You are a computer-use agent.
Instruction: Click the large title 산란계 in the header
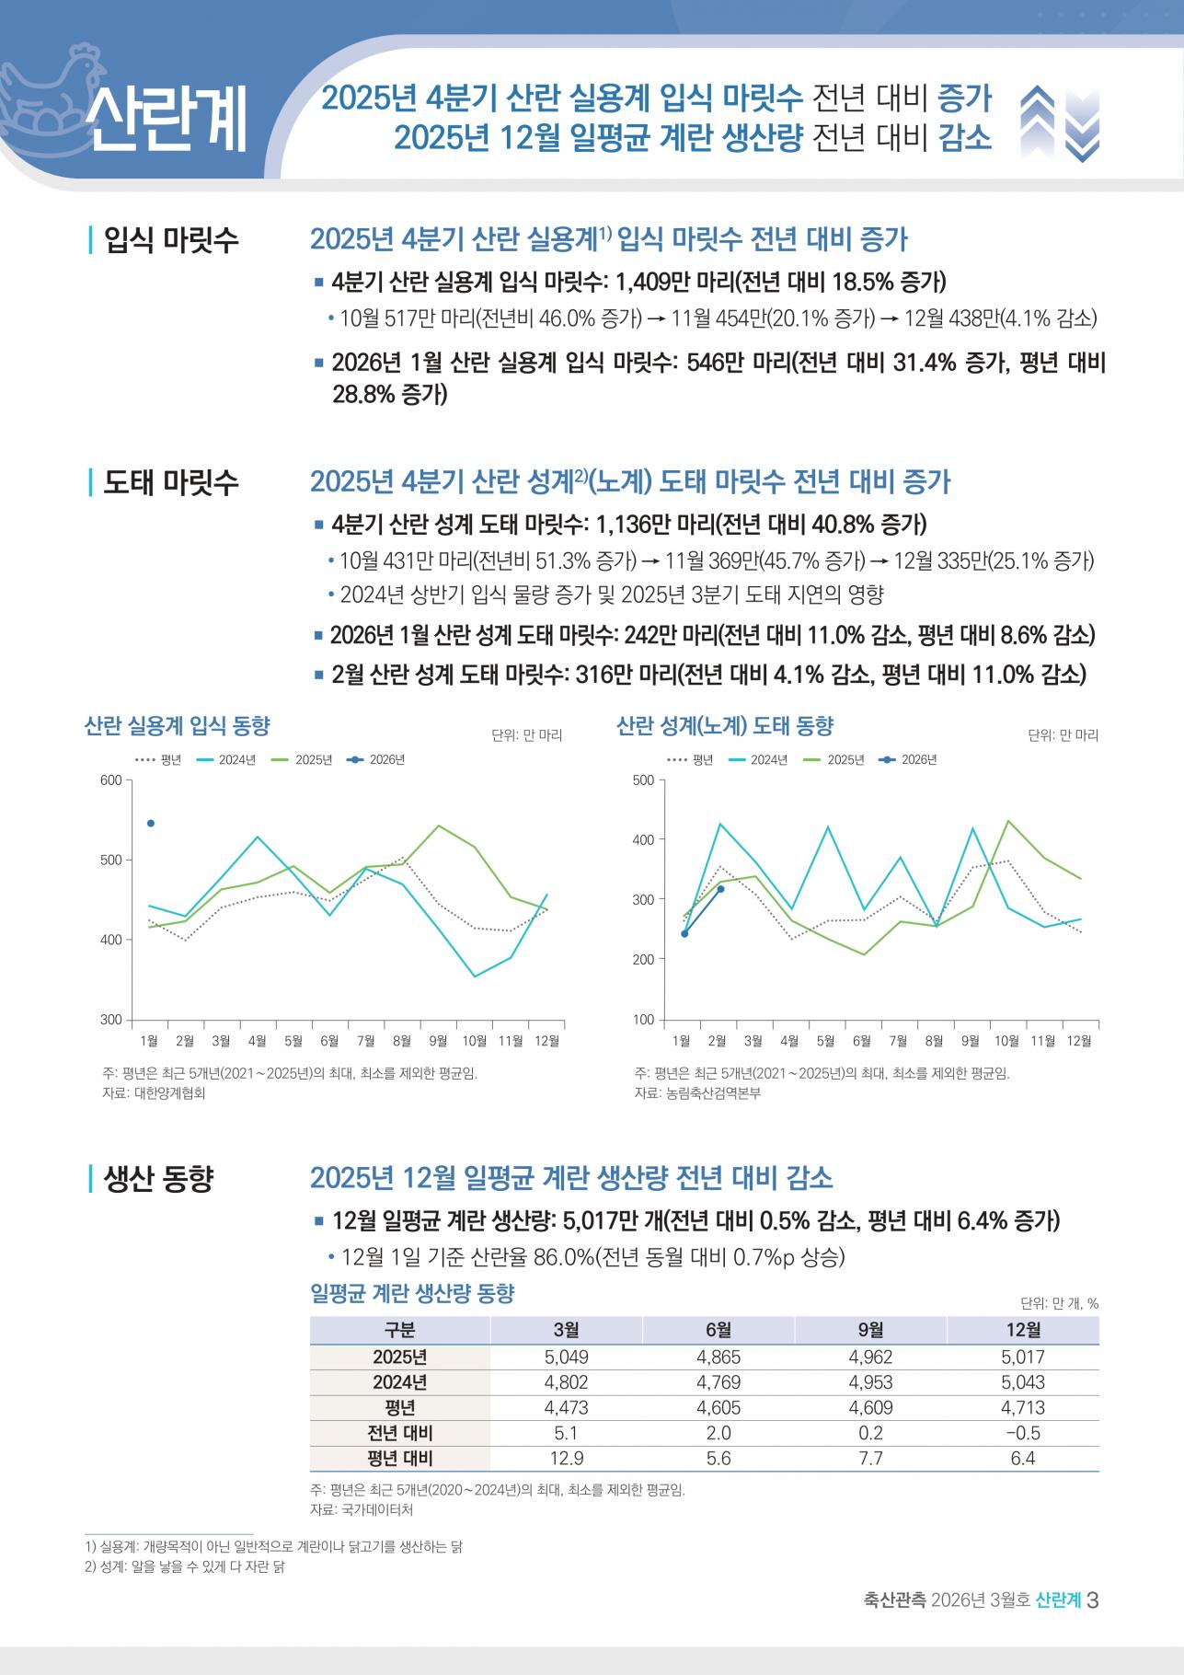[x=166, y=120]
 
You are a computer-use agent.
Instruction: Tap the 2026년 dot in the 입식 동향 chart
[x=151, y=823]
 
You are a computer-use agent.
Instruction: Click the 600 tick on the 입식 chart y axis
[x=111, y=780]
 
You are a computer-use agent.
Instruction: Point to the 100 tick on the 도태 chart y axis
[x=644, y=1020]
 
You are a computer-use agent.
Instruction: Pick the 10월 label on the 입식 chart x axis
[x=474, y=1041]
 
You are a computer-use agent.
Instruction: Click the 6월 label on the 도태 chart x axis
[x=862, y=1041]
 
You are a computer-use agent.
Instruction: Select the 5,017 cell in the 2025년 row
[x=1022, y=1357]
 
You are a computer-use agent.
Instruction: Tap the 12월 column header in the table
[x=1022, y=1330]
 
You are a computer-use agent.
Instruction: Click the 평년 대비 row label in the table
[x=400, y=1459]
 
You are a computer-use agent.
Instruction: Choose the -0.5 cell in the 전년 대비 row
[x=1022, y=1433]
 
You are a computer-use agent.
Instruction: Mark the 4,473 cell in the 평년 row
[x=566, y=1408]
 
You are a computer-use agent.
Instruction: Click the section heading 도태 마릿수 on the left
[x=171, y=482]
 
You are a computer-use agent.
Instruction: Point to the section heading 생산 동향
[x=158, y=1179]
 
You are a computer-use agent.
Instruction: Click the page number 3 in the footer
[x=1093, y=1600]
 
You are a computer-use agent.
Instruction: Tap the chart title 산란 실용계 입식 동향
[x=178, y=726]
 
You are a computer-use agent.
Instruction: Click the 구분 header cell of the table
[x=400, y=1330]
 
